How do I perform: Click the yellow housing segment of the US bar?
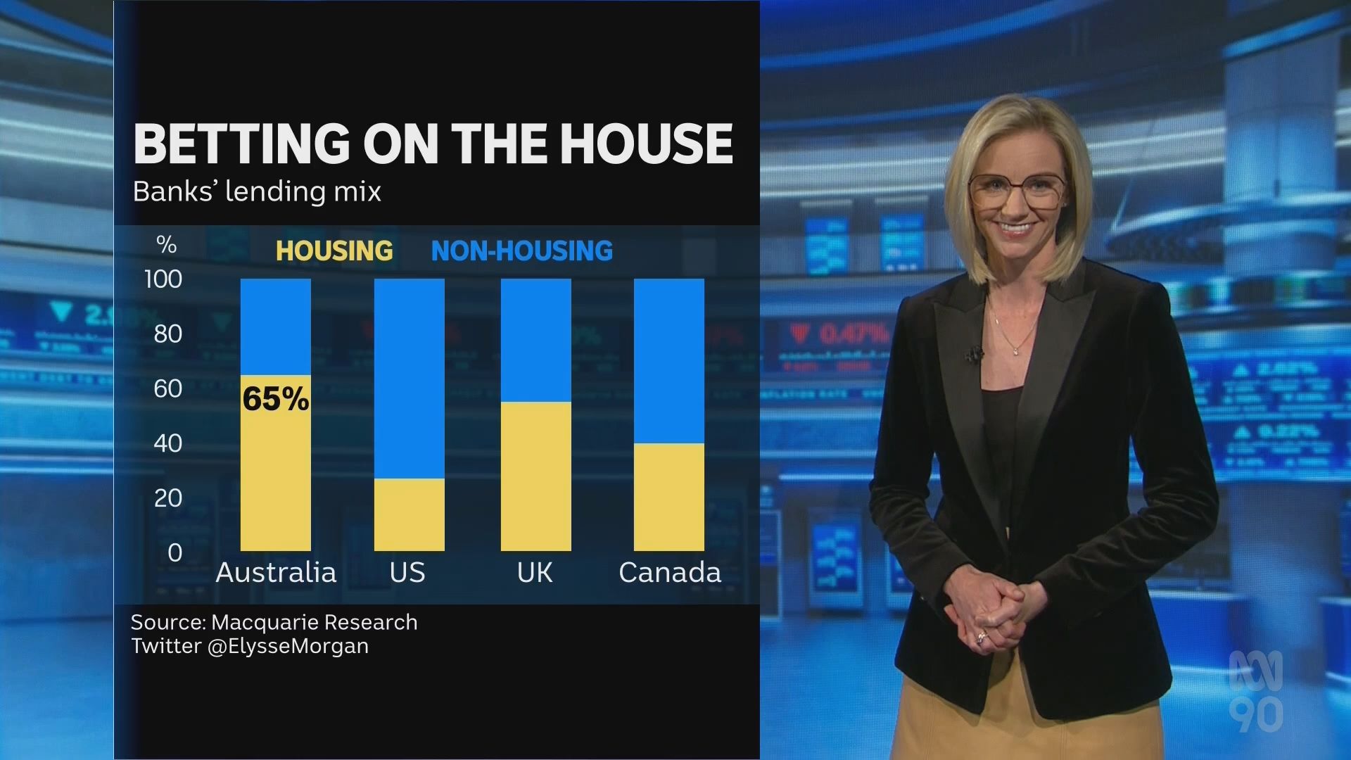click(409, 514)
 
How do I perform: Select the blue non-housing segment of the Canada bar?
click(668, 360)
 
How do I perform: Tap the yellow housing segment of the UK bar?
click(535, 476)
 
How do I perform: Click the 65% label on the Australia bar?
click(276, 399)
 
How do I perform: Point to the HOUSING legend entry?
click(334, 251)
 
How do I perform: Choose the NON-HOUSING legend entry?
click(521, 251)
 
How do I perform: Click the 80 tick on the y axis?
click(167, 334)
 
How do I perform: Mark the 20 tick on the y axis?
click(167, 498)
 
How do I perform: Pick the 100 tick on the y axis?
click(163, 279)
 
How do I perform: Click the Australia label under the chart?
click(276, 573)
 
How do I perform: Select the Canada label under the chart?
click(670, 573)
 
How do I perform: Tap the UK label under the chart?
click(535, 573)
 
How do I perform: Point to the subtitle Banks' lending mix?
click(257, 191)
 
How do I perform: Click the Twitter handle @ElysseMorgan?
click(288, 646)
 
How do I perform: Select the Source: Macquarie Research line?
click(274, 622)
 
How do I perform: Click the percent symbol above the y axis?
click(166, 245)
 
